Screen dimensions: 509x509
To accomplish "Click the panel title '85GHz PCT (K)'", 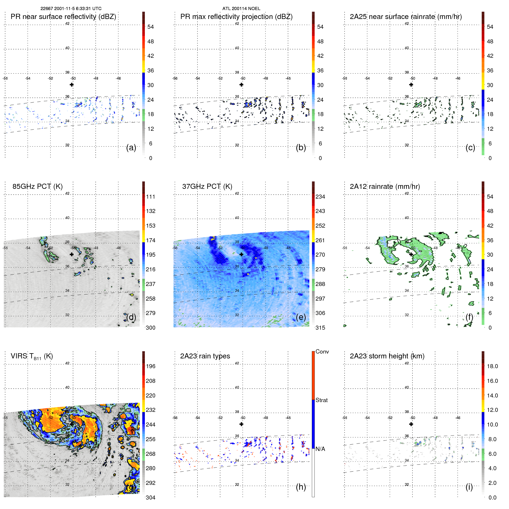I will [37, 187].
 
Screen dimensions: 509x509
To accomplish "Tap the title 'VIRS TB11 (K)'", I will [32, 356].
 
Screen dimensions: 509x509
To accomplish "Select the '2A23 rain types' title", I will [205, 356].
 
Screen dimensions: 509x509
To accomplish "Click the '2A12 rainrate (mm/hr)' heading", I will [385, 187].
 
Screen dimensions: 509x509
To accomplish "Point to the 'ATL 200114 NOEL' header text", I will [241, 9].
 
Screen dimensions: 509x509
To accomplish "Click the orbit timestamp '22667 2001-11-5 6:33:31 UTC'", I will [71, 9].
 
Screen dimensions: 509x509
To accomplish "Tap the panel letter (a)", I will [131, 148].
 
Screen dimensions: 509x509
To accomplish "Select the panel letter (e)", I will [301, 317].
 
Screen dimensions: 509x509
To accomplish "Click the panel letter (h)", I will [301, 487].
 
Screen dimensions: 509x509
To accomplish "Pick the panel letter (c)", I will [470, 148].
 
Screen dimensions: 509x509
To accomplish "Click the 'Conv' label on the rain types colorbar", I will [322, 352].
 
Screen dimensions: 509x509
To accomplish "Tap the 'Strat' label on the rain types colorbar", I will [321, 400].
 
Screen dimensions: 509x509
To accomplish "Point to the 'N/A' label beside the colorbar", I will [320, 449].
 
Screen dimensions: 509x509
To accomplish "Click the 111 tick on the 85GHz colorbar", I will [150, 197].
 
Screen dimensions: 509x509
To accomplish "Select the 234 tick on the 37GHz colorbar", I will [320, 197].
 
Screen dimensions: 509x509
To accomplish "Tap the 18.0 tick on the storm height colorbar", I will [492, 366].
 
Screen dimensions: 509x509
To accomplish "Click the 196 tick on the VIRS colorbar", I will [150, 366].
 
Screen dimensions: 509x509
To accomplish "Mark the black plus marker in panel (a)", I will [72, 84].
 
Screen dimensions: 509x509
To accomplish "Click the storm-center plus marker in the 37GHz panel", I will [241, 254].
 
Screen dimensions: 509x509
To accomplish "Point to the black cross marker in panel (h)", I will [241, 424].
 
